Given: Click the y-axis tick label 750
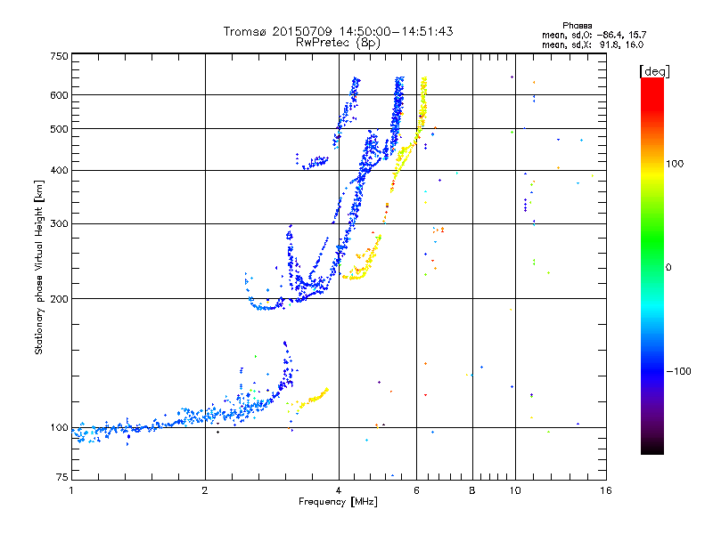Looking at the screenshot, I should (x=59, y=56).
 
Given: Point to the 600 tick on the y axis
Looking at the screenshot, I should (x=59, y=95).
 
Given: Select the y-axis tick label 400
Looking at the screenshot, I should (x=59, y=170).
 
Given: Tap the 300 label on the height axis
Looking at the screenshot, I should (x=59, y=223).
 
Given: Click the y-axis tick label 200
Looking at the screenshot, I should (x=59, y=298).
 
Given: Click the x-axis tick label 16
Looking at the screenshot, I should (x=604, y=490).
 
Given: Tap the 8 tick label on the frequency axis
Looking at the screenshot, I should (x=472, y=490).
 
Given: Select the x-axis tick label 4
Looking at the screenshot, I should (x=339, y=490).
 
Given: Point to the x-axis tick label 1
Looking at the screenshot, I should (x=72, y=490).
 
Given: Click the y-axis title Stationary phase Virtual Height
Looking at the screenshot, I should (x=39, y=267).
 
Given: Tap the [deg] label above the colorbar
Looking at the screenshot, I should (x=655, y=70).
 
